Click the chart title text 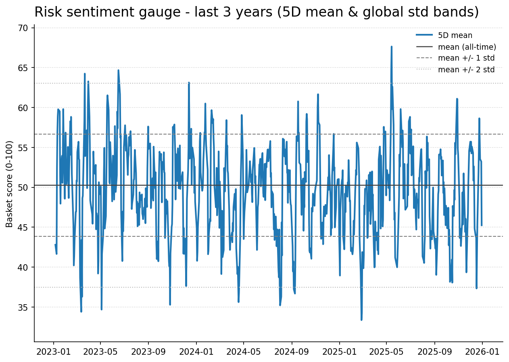257,12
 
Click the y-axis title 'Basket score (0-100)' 9,184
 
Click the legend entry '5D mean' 455,36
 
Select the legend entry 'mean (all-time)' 467,47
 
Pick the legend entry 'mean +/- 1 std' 466,58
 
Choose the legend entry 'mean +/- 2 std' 466,69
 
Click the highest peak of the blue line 391,46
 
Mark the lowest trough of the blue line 361,320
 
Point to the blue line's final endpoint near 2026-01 482,225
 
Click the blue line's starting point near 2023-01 55,244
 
